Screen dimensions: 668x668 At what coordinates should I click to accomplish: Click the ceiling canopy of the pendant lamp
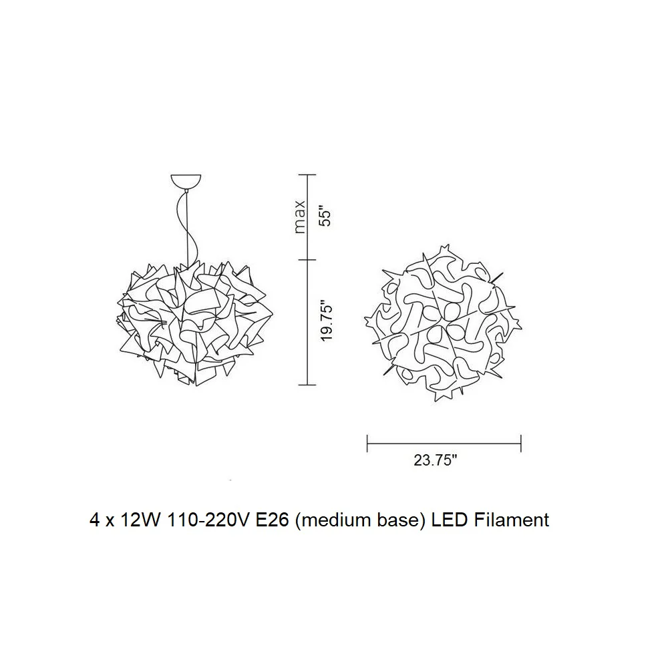(x=186, y=181)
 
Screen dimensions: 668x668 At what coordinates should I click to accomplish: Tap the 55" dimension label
(x=325, y=217)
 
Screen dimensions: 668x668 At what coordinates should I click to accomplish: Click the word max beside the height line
(x=301, y=216)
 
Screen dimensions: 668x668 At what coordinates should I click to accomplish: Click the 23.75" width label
(x=436, y=460)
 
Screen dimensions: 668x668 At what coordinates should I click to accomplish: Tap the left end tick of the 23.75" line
(x=367, y=444)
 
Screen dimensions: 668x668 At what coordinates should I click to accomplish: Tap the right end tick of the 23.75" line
(x=521, y=444)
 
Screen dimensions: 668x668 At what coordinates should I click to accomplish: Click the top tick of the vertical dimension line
(x=307, y=174)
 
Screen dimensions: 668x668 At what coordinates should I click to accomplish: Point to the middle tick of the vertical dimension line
(x=307, y=259)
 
